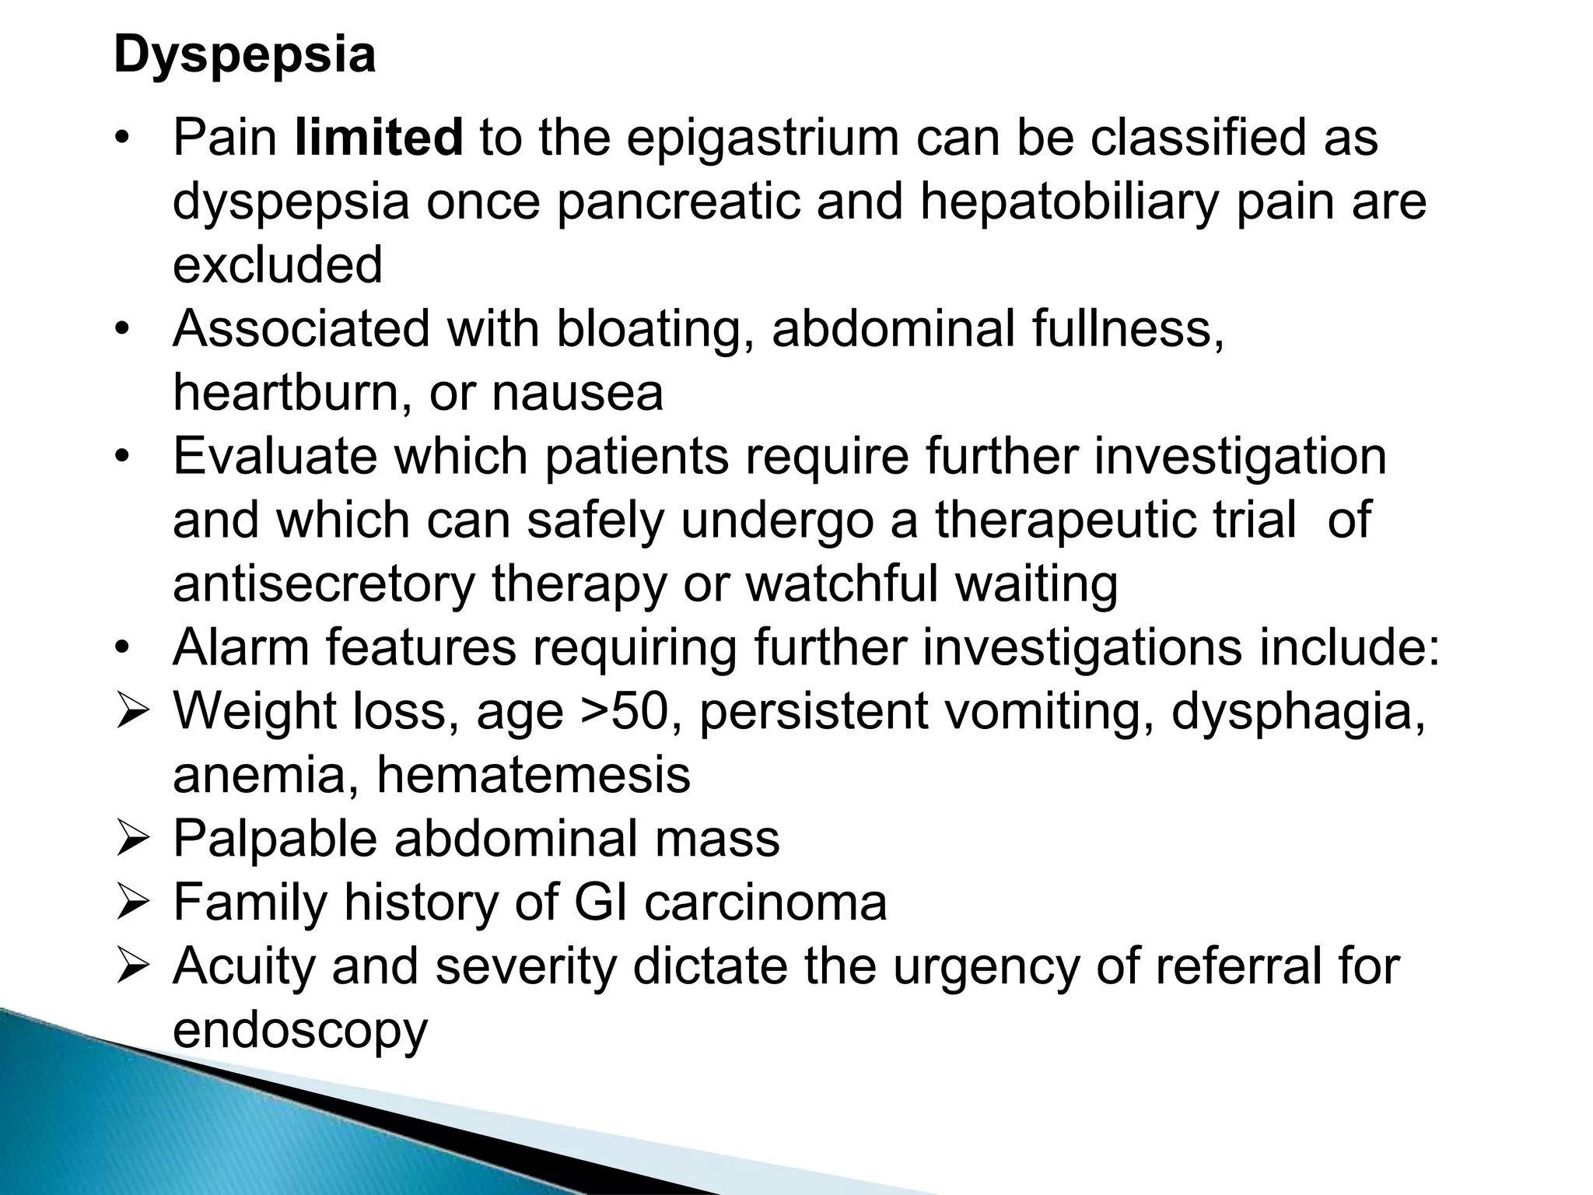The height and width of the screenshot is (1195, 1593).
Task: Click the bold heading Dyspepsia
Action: point(244,56)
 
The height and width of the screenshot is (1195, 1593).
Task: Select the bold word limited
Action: point(380,138)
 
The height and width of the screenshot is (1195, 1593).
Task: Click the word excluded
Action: point(278,265)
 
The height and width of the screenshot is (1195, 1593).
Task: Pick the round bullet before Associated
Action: point(121,331)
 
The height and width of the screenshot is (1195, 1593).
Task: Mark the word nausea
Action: point(578,393)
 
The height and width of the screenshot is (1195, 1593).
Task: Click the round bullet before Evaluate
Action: point(121,458)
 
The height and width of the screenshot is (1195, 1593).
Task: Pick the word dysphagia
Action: point(1297,711)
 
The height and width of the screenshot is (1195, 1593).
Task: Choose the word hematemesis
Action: point(534,775)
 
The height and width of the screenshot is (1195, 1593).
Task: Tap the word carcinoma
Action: point(766,902)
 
